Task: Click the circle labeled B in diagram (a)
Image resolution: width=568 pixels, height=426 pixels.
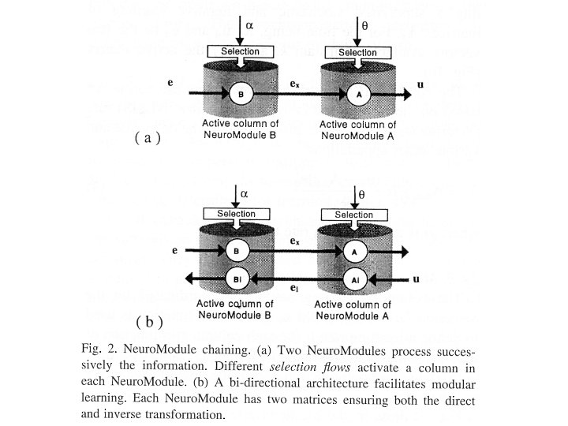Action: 239,94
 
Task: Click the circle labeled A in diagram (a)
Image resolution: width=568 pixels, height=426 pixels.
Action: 358,94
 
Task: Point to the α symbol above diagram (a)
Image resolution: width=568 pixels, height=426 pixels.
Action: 250,25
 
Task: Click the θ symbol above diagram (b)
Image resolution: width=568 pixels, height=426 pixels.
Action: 361,192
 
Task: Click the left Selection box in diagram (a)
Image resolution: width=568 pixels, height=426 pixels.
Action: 240,51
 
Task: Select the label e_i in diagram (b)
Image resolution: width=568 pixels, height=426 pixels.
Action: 293,290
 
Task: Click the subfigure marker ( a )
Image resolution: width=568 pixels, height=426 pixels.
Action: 148,137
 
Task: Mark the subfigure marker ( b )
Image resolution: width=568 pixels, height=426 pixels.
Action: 149,321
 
